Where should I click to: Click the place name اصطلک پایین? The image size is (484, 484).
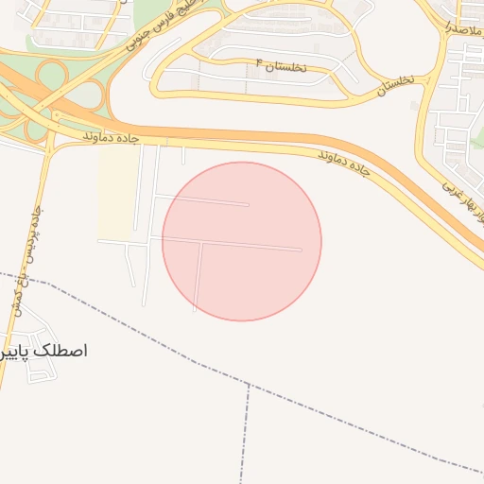pyautogui.click(x=44, y=351)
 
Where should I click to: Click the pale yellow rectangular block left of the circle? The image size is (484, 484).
pyautogui.click(x=117, y=194)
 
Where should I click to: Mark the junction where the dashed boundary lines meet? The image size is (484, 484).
pyautogui.click(x=249, y=385)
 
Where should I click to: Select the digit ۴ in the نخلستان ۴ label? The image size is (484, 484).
pyautogui.click(x=258, y=62)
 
